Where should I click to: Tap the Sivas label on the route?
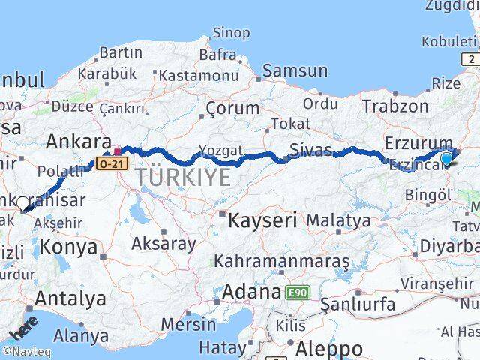click(x=311, y=150)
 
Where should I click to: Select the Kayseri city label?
click(x=263, y=220)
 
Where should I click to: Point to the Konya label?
click(x=69, y=246)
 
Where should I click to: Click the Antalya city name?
click(x=70, y=298)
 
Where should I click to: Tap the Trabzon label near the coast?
click(x=395, y=106)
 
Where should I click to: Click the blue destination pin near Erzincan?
click(x=447, y=158)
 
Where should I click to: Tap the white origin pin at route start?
click(x=22, y=203)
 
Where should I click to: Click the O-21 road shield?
click(x=109, y=162)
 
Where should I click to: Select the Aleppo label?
click(x=329, y=349)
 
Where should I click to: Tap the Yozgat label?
click(x=221, y=151)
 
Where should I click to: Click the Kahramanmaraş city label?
click(x=282, y=262)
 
